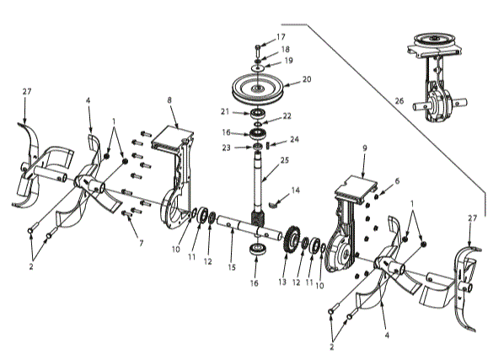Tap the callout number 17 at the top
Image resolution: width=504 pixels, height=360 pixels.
pos(281,37)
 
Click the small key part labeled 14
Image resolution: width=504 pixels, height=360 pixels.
pos(276,202)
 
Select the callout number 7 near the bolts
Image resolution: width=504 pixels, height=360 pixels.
pos(142,244)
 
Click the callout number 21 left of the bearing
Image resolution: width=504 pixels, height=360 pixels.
pos(226,111)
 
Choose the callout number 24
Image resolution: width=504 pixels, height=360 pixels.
pos(294,139)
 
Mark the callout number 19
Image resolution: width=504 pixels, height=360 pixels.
pos(288,61)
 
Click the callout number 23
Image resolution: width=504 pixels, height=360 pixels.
pos(226,147)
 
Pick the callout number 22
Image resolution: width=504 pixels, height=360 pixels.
pos(288,116)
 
